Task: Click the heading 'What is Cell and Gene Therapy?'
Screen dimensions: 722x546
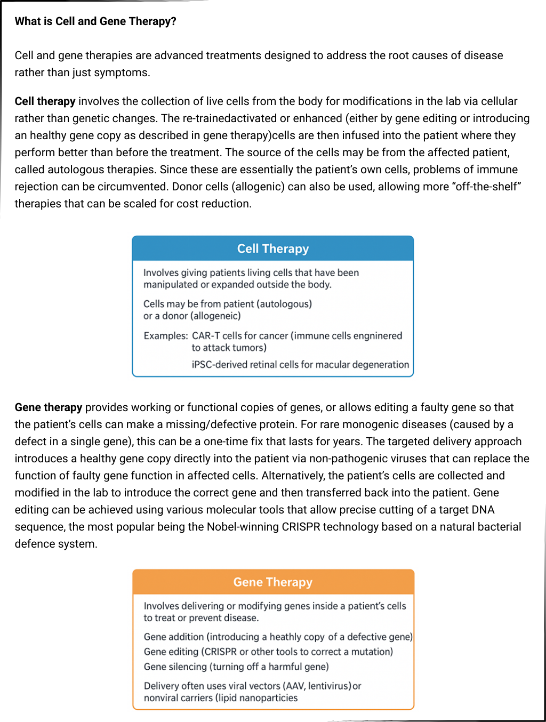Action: pyautogui.click(x=95, y=21)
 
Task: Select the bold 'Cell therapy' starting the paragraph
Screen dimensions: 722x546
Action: pyautogui.click(x=45, y=101)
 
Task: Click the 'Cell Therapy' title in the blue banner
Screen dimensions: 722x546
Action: pyautogui.click(x=273, y=248)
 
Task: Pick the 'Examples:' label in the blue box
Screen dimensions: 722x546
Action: pyautogui.click(x=165, y=336)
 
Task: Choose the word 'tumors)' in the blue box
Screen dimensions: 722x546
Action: pyautogui.click(x=250, y=348)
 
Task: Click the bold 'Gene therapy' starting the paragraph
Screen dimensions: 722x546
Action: pyautogui.click(x=48, y=407)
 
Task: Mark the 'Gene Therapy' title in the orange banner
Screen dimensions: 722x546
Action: pyautogui.click(x=273, y=582)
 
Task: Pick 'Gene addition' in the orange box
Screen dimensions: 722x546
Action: pyautogui.click(x=174, y=637)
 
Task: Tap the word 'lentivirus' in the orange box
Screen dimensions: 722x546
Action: pyautogui.click(x=327, y=686)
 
